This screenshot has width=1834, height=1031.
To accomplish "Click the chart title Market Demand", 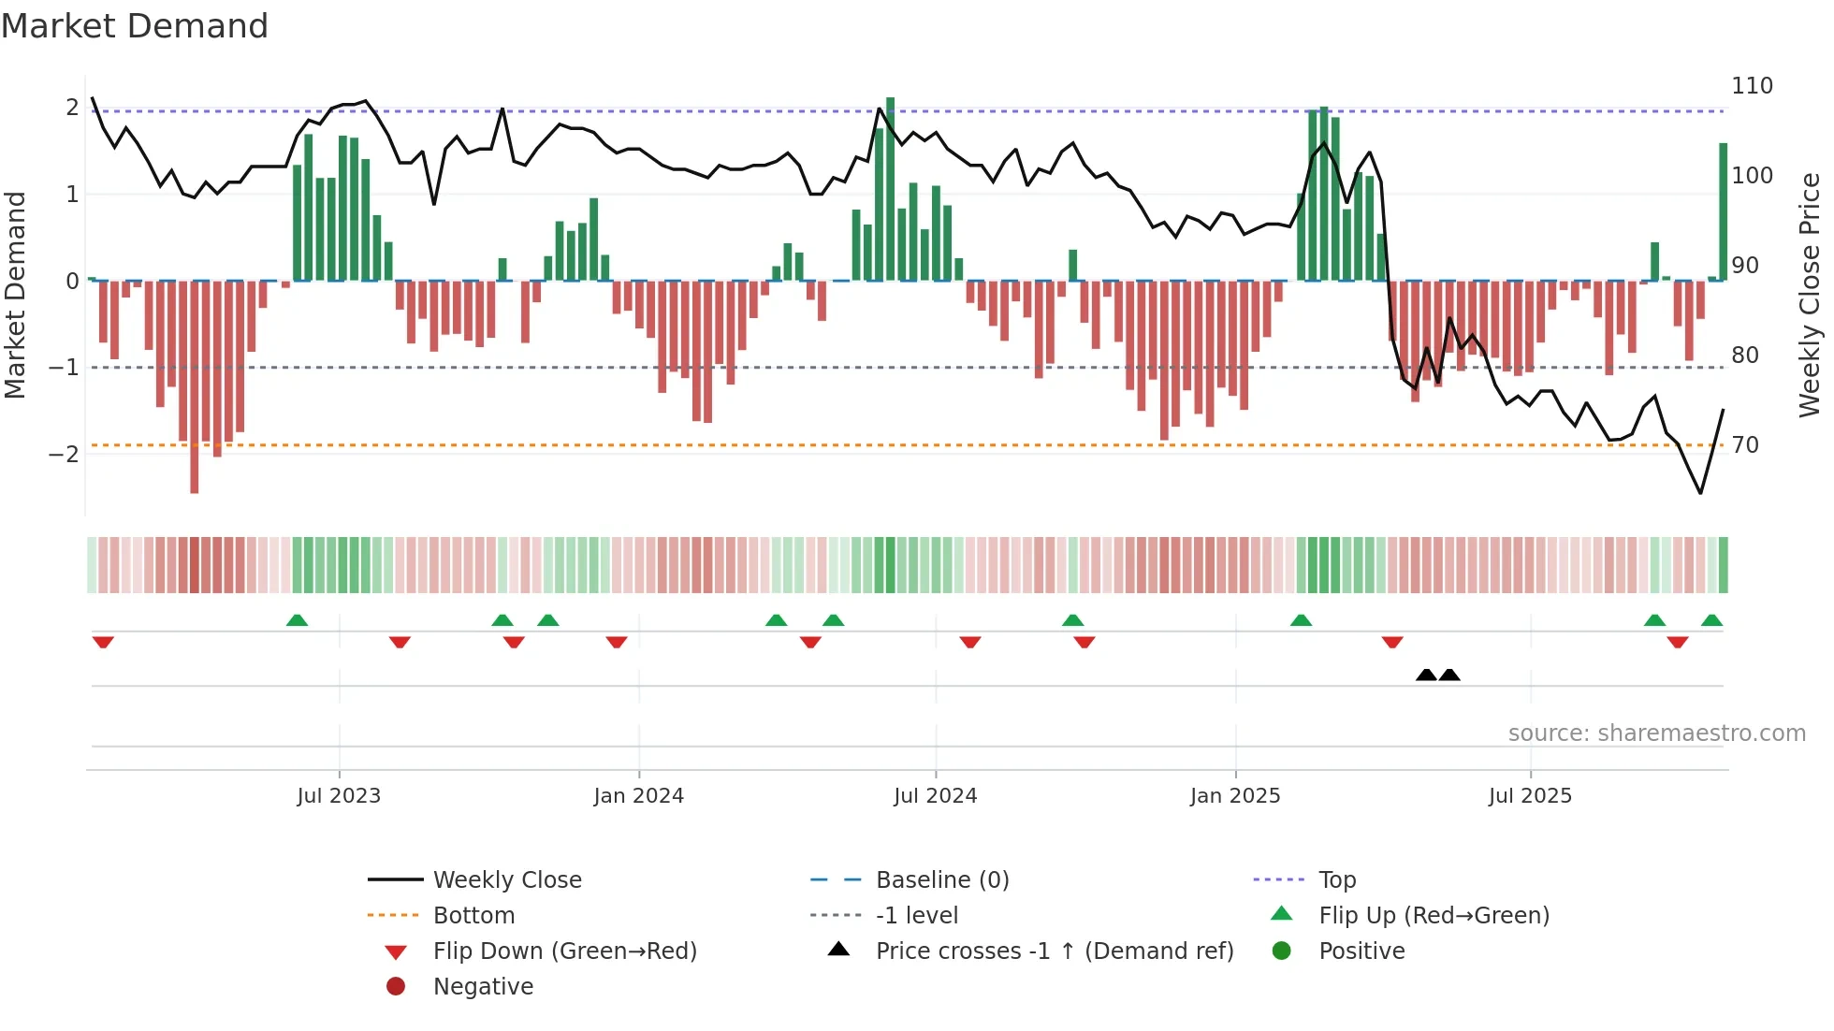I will [x=135, y=26].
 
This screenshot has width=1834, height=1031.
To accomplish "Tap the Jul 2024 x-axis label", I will [x=935, y=796].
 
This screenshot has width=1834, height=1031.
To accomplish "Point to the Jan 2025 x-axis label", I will [x=1235, y=796].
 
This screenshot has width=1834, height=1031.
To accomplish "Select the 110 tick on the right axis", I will [x=1752, y=86].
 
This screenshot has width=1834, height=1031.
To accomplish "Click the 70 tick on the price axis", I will [x=1745, y=445].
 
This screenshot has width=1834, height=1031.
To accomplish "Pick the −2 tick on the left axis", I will [x=64, y=455].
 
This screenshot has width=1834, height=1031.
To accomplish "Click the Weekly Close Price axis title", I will [x=1810, y=295].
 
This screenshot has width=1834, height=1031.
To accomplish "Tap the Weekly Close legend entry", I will [x=506, y=880].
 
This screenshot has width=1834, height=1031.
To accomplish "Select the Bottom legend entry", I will [x=473, y=916].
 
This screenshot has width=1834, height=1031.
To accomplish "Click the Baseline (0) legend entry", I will [x=941, y=880].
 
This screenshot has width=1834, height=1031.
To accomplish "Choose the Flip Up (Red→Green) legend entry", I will [x=1434, y=916].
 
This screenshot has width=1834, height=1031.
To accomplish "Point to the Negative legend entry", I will [x=483, y=987].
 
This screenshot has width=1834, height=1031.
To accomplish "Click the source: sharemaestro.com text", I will [x=1656, y=733].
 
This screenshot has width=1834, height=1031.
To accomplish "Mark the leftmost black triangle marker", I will [x=1426, y=675].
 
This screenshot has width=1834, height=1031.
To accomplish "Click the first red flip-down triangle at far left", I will [x=103, y=642].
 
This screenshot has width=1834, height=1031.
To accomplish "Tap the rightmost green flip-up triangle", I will [x=1711, y=620].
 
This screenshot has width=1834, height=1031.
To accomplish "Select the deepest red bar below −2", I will [x=195, y=393].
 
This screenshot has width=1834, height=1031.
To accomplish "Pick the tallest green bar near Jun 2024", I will [x=890, y=187].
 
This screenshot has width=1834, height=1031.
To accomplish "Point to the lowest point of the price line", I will [x=1700, y=493].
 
